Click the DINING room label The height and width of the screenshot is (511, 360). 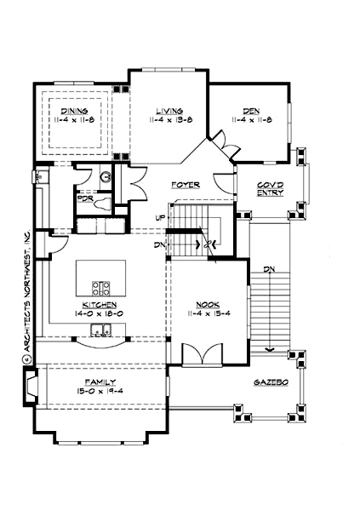pos(73,111)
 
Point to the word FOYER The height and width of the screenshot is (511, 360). pos(185,184)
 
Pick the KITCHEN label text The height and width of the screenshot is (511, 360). pos(99,304)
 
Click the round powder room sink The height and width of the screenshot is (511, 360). pos(106,177)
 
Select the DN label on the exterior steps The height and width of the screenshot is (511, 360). pos(269,270)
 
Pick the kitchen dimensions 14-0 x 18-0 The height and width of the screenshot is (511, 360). pos(99,313)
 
